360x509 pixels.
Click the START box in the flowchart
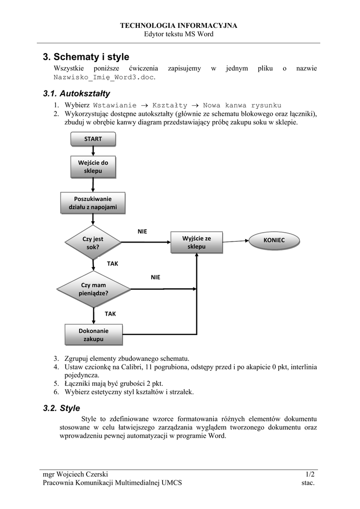pos(93,139)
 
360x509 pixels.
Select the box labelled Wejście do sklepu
pos(93,167)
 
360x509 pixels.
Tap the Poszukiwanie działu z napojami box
pos(92,203)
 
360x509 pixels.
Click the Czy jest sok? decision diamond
pos(93,243)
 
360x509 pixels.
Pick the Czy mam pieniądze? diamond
pos(93,289)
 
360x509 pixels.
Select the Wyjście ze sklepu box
pos(196,243)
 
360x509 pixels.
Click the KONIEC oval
pos(274,240)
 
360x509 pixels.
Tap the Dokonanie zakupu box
pos(93,335)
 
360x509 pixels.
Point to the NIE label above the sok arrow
pos(142,232)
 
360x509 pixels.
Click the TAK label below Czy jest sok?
pos(113,264)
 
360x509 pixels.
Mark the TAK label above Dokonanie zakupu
pos(110,314)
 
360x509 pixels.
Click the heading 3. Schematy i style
pos(86,57)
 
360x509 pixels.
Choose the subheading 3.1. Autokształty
pos(76,93)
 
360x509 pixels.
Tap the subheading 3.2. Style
pos(61,408)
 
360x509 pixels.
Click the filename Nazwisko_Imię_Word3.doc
pos(104,78)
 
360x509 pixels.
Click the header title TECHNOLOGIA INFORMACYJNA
pos(179,25)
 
